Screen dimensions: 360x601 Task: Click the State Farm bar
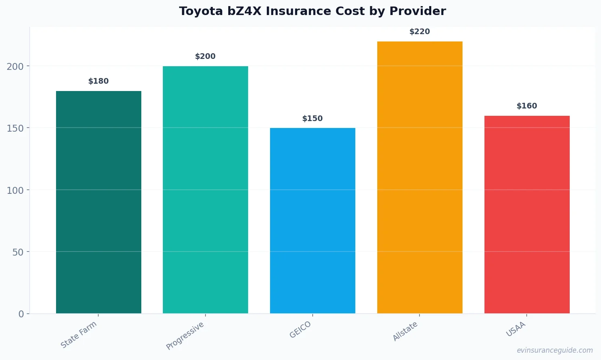click(99, 202)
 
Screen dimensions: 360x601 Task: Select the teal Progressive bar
click(205, 190)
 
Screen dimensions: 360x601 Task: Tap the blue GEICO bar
click(313, 221)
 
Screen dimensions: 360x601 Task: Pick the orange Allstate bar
click(420, 177)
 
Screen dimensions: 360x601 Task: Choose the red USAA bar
click(527, 215)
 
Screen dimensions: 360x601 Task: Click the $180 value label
click(99, 81)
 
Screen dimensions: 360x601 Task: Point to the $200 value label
click(205, 56)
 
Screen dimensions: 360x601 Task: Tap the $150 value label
click(313, 119)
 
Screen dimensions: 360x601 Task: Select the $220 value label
click(420, 32)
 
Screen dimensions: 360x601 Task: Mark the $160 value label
click(527, 106)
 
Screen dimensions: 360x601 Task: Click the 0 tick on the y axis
click(21, 314)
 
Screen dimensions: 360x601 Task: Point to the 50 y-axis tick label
click(18, 252)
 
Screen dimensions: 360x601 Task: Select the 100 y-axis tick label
click(15, 190)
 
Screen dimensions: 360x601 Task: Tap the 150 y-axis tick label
click(15, 128)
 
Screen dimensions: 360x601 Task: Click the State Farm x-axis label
click(79, 334)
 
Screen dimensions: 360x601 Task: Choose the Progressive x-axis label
click(185, 336)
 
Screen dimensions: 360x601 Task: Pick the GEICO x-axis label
click(300, 330)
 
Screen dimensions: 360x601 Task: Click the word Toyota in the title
click(201, 11)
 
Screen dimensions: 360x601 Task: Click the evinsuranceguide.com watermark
click(555, 350)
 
